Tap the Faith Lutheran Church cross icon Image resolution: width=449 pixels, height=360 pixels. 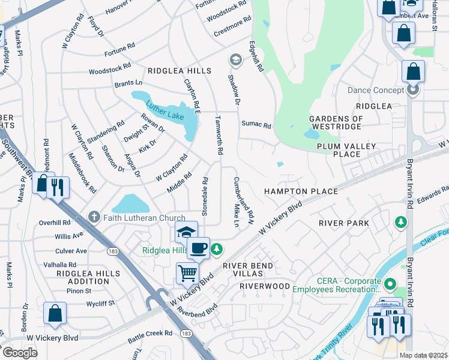pyautogui.click(x=93, y=217)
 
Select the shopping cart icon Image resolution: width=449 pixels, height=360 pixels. pyautogui.click(x=188, y=273)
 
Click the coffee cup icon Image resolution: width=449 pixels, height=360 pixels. pyautogui.click(x=198, y=247)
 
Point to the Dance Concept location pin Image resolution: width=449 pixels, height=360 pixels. pyautogui.click(x=413, y=90)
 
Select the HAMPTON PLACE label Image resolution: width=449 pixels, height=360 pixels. pyautogui.click(x=301, y=191)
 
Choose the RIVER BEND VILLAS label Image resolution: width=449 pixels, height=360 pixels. pyautogui.click(x=248, y=270)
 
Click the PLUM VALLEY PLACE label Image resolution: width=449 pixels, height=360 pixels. pyautogui.click(x=348, y=150)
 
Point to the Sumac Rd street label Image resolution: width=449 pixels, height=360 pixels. pyautogui.click(x=256, y=125)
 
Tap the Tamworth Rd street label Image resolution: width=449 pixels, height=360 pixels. pyautogui.click(x=219, y=135)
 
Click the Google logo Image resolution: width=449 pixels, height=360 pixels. pyautogui.click(x=20, y=352)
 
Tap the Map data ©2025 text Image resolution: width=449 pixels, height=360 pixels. pyautogui.click(x=423, y=355)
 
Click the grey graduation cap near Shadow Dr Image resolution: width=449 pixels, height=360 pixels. pyautogui.click(x=235, y=59)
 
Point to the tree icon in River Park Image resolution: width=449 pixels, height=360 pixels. pyautogui.click(x=400, y=223)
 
